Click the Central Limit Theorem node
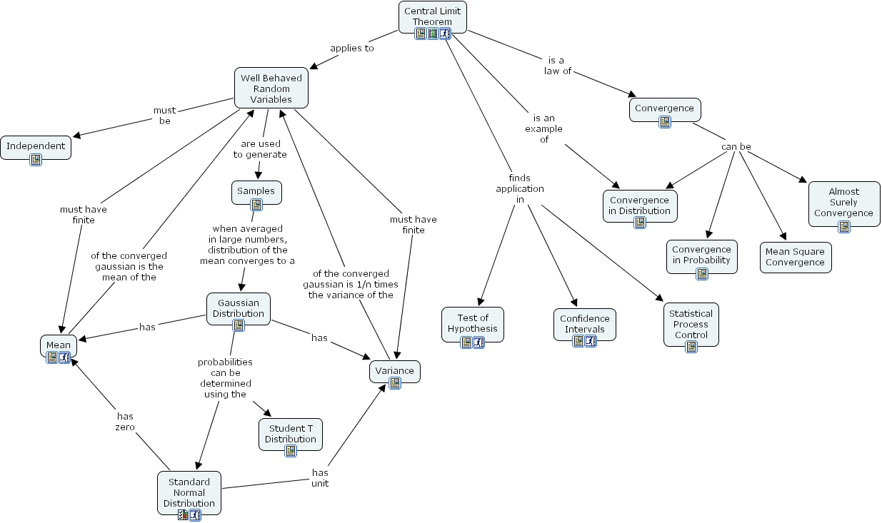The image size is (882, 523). point(433,16)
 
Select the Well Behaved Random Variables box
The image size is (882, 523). point(271,88)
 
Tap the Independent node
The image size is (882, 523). point(36,146)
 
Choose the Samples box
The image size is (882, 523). point(256,191)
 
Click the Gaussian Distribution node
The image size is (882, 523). point(239,308)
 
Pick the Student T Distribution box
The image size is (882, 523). point(291,434)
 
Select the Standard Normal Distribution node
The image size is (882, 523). point(189,492)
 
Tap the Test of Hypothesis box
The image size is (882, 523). point(473,323)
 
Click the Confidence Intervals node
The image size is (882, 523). point(585,324)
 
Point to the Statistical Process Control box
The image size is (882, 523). point(691,324)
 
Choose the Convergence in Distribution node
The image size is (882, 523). point(640,205)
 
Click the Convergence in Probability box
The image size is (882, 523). point(701,255)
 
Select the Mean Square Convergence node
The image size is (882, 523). point(795,257)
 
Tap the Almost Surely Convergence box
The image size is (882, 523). point(843,202)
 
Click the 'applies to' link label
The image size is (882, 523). point(351,49)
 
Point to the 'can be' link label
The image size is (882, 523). point(736,147)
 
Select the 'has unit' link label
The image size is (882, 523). point(320,478)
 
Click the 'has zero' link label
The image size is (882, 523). point(125,422)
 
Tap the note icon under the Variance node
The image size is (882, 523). point(395,383)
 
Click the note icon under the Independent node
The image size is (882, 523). point(36,160)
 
